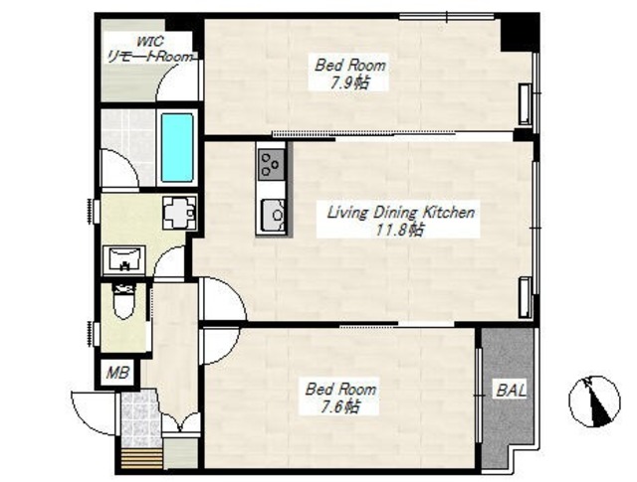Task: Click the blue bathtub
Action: [x=177, y=147]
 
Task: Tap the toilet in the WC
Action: [x=123, y=302]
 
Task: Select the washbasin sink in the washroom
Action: [x=123, y=259]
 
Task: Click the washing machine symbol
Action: [x=179, y=213]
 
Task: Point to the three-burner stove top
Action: [x=271, y=164]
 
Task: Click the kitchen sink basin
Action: [x=273, y=215]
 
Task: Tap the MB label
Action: [x=117, y=373]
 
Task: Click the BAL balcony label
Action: [x=511, y=391]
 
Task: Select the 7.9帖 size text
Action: [x=349, y=83]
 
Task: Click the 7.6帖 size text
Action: [x=340, y=406]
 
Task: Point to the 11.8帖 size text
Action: [x=399, y=230]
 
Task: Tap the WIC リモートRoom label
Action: [x=149, y=49]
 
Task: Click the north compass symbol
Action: [x=594, y=402]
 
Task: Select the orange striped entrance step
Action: [x=142, y=459]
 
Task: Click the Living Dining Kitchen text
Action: [x=400, y=213]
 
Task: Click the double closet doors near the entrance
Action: [x=181, y=422]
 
